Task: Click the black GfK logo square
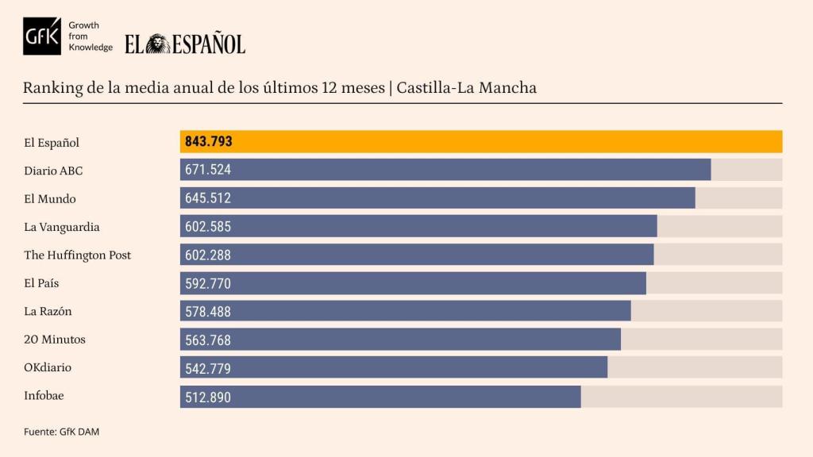41,36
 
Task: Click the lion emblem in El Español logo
158,44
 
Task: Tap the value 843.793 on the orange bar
208,142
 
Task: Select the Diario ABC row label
53,171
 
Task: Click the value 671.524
208,170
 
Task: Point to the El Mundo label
50,198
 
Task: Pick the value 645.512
208,198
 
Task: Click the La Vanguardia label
62,227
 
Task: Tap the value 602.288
208,255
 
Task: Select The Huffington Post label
78,255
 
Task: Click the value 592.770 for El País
208,283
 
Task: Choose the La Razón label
48,311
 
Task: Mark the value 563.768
208,340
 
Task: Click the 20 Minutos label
55,340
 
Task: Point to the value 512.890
208,397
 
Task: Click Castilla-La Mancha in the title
466,87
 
